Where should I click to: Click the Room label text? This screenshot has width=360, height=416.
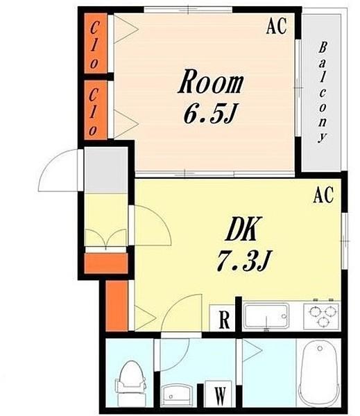(x=211, y=81)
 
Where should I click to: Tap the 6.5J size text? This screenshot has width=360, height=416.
(x=209, y=114)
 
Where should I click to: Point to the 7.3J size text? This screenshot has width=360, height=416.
(x=243, y=261)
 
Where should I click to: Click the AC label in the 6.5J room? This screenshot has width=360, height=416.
(x=277, y=26)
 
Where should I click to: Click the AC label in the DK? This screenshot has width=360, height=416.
(x=323, y=195)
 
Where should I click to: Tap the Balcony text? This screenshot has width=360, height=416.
(x=323, y=93)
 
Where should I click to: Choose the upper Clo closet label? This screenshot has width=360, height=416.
(x=94, y=45)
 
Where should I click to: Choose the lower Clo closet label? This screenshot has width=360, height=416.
(x=94, y=112)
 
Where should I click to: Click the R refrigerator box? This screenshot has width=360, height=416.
(x=223, y=318)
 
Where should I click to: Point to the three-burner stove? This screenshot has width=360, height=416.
(x=322, y=316)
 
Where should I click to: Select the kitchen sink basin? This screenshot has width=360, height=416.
(x=266, y=316)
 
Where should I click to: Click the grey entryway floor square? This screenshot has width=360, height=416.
(x=106, y=170)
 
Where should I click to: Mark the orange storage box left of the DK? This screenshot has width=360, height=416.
(x=117, y=306)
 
